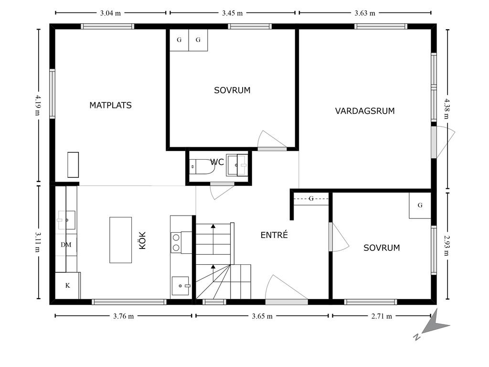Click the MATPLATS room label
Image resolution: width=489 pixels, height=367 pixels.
[110, 105]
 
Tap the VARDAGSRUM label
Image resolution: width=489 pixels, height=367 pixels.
[365, 111]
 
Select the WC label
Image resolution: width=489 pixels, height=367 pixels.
[217, 162]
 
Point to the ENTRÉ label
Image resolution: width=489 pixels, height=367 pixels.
[274, 235]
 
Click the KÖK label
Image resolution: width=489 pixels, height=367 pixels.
[142, 240]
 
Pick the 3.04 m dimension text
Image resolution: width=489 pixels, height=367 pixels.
[110, 13]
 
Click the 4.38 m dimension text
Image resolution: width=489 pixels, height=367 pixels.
[447, 108]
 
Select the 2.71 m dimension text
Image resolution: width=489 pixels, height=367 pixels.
[382, 316]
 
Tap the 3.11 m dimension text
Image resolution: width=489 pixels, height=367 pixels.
[37, 242]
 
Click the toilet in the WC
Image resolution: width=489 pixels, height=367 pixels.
[202, 166]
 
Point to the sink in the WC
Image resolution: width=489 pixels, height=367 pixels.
[237, 165]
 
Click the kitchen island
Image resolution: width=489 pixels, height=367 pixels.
[120, 240]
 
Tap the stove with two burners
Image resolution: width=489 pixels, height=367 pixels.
[181, 242]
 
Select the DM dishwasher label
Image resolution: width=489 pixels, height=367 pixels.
[66, 245]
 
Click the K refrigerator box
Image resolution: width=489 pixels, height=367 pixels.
[68, 286]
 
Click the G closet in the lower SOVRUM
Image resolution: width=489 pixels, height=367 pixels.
[420, 205]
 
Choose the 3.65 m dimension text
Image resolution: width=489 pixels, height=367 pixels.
[262, 316]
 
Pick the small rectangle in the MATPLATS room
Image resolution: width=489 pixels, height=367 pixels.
[73, 165]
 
